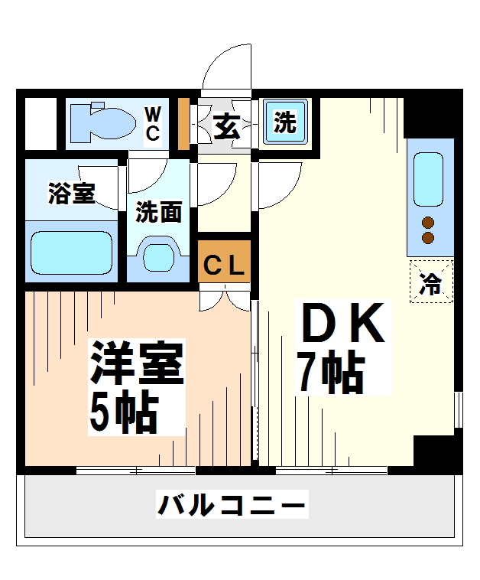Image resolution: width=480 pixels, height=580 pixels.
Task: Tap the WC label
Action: click(153, 124)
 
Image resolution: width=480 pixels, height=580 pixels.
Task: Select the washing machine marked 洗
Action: click(284, 122)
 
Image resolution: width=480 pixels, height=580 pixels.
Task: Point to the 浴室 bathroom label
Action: click(71, 193)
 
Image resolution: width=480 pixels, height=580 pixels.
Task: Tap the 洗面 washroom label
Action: click(158, 212)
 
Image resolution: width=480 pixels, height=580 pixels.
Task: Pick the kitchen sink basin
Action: click(429, 178)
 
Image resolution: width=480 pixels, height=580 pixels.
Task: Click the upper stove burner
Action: click(429, 223)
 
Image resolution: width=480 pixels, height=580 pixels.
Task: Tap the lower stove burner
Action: click(429, 238)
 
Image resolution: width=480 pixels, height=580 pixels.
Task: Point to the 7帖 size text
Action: click(329, 373)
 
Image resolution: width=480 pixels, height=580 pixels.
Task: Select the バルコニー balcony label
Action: click(232, 506)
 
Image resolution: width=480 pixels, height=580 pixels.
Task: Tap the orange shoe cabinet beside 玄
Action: click(183, 123)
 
